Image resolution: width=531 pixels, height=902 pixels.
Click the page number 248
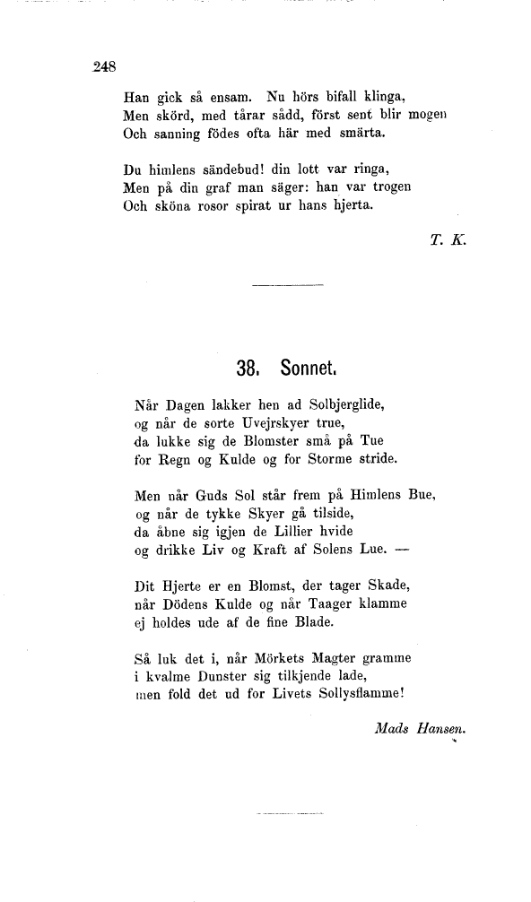[105, 65]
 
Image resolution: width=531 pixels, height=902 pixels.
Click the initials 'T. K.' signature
[445, 240]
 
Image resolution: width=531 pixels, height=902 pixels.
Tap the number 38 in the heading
[248, 368]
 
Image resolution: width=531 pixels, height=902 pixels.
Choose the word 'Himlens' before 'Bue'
[374, 495]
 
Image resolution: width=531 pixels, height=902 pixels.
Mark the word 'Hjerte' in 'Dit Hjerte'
[184, 586]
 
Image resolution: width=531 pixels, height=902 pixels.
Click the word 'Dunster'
[222, 677]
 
